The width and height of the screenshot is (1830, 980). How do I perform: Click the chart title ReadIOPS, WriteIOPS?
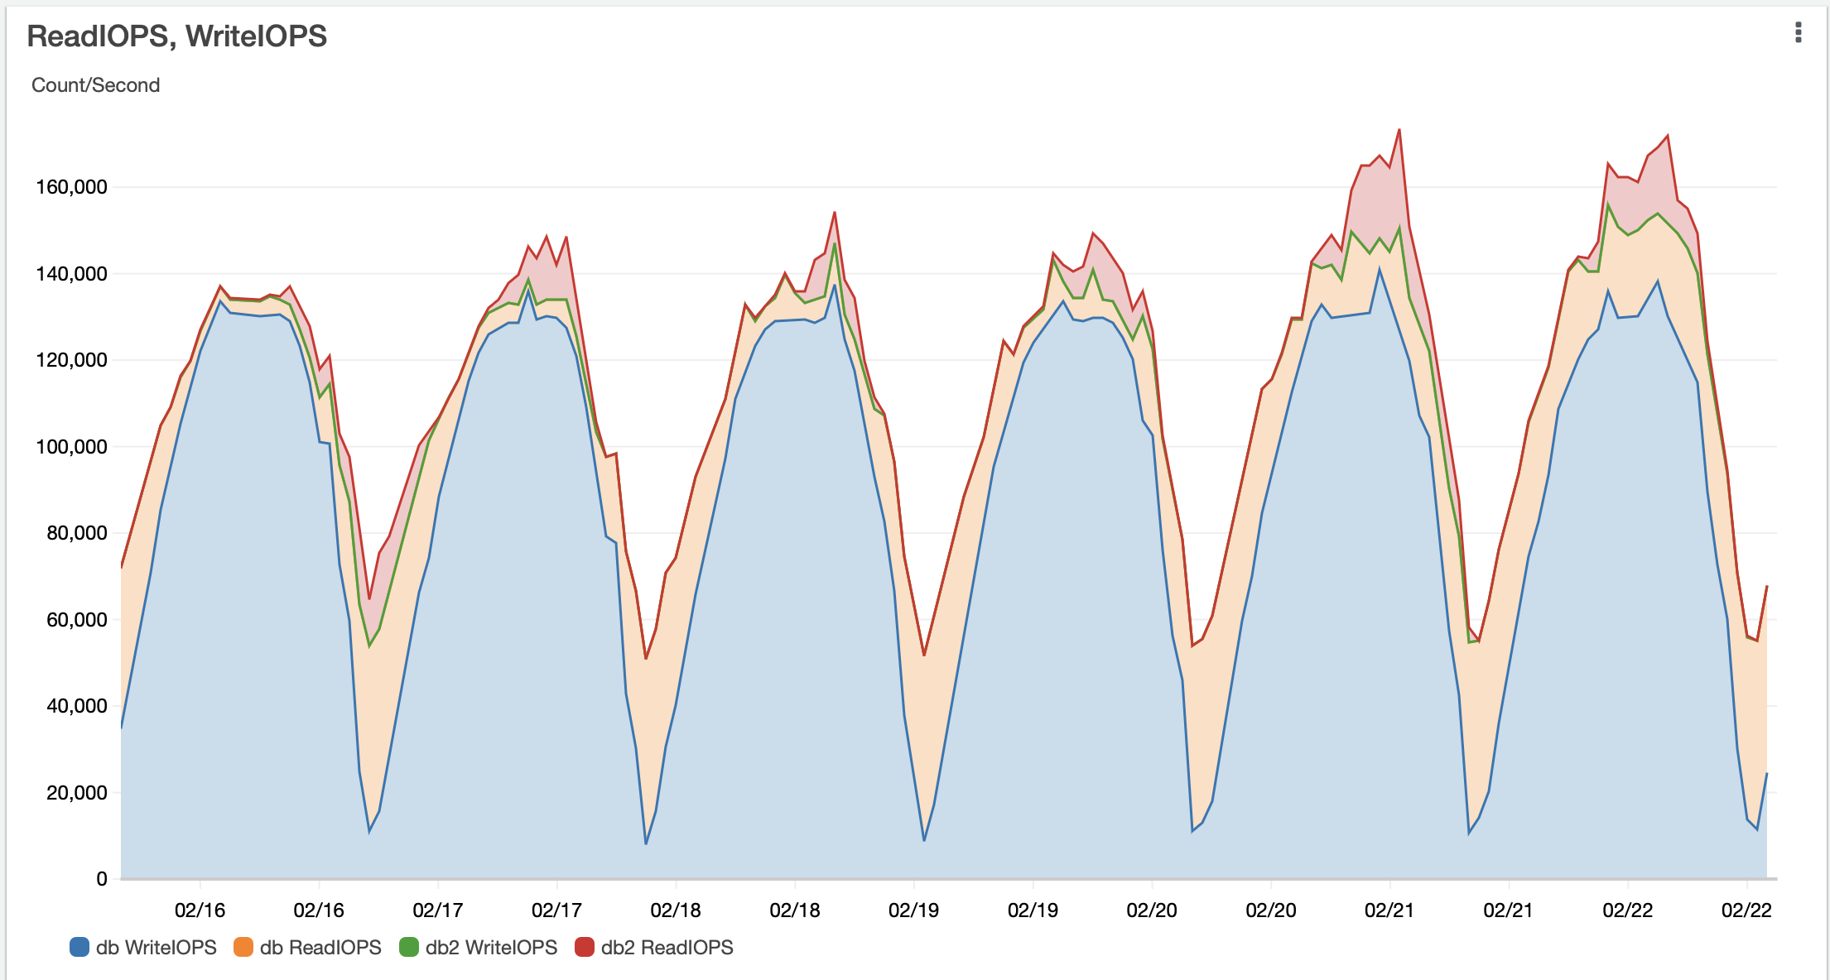(x=176, y=36)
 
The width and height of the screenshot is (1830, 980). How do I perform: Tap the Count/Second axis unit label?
(x=95, y=85)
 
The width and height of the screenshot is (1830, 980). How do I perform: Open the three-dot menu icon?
(x=1798, y=32)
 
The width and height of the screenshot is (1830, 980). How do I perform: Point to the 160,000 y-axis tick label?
(x=71, y=187)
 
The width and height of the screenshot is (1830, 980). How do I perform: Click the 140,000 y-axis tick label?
(x=71, y=274)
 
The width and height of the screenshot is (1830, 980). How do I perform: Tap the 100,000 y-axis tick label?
(x=71, y=447)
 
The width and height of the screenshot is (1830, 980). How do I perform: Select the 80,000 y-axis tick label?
(x=76, y=533)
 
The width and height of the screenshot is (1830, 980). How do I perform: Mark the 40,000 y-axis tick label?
(x=76, y=706)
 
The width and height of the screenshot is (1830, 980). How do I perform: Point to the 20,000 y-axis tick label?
(x=76, y=793)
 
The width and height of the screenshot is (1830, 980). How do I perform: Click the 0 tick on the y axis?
(x=102, y=879)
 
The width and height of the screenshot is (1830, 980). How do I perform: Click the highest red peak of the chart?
(x=1399, y=130)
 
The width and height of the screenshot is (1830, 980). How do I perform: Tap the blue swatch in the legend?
(x=79, y=947)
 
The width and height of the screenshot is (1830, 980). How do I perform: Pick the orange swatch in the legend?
(x=243, y=947)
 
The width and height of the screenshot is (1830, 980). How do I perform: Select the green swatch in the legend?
(x=409, y=947)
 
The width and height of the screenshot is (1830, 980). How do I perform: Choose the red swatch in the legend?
(x=585, y=947)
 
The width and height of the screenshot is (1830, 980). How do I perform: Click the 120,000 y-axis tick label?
(x=71, y=360)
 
